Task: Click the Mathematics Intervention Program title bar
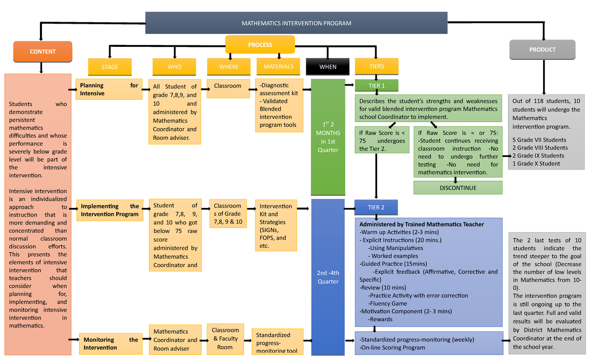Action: click(x=296, y=23)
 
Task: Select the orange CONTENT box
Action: click(x=42, y=52)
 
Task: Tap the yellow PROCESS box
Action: click(x=260, y=45)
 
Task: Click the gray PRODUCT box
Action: click(x=542, y=50)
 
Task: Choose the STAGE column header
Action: click(x=110, y=67)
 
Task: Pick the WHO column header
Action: click(x=174, y=67)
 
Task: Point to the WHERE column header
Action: click(x=229, y=67)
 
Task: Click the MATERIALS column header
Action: click(x=278, y=67)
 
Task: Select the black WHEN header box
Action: click(x=328, y=67)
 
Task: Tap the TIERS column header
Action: click(x=377, y=67)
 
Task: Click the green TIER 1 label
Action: click(x=377, y=86)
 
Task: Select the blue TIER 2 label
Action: click(x=376, y=207)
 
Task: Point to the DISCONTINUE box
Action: click(x=458, y=188)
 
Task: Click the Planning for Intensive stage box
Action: click(x=109, y=89)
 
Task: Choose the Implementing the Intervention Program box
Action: click(x=110, y=210)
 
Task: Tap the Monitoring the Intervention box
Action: click(x=110, y=343)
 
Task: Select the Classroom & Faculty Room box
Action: click(x=225, y=338)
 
